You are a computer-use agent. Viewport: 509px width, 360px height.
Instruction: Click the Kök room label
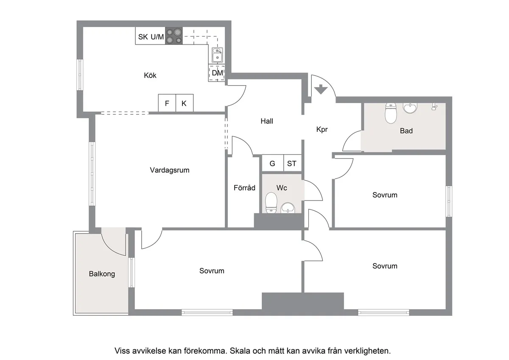pyautogui.click(x=150, y=75)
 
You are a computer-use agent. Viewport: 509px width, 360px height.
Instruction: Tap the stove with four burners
pyautogui.click(x=173, y=36)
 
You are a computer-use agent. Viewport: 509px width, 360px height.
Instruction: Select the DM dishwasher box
pyautogui.click(x=217, y=73)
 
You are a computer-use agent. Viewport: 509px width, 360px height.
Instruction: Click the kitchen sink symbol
pyautogui.click(x=217, y=55)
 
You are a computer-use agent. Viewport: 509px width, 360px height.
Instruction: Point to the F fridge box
pyautogui.click(x=167, y=103)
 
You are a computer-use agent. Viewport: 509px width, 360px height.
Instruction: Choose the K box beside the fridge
pyautogui.click(x=184, y=103)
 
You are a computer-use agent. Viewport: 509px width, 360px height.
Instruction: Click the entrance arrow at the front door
pyautogui.click(x=321, y=89)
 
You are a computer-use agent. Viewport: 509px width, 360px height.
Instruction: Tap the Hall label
pyautogui.click(x=267, y=121)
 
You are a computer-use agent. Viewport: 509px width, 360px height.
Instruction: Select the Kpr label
pyautogui.click(x=322, y=130)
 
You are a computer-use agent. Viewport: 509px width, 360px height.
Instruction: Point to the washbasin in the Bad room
pyautogui.click(x=410, y=109)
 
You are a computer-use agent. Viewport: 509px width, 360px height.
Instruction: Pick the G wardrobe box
pyautogui.click(x=272, y=163)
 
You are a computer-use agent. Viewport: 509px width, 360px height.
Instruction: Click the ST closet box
pyautogui.click(x=292, y=163)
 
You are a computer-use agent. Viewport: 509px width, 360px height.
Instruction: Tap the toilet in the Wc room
pyautogui.click(x=271, y=203)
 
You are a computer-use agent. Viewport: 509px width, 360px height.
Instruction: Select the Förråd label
pyautogui.click(x=244, y=187)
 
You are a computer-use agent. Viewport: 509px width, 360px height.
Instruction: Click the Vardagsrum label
pyautogui.click(x=169, y=170)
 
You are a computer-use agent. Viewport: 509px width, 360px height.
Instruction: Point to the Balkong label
pyautogui.click(x=102, y=274)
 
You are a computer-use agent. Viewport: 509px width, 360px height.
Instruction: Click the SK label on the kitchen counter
pyautogui.click(x=143, y=37)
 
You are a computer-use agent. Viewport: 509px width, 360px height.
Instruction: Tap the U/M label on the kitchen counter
pyautogui.click(x=157, y=37)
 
